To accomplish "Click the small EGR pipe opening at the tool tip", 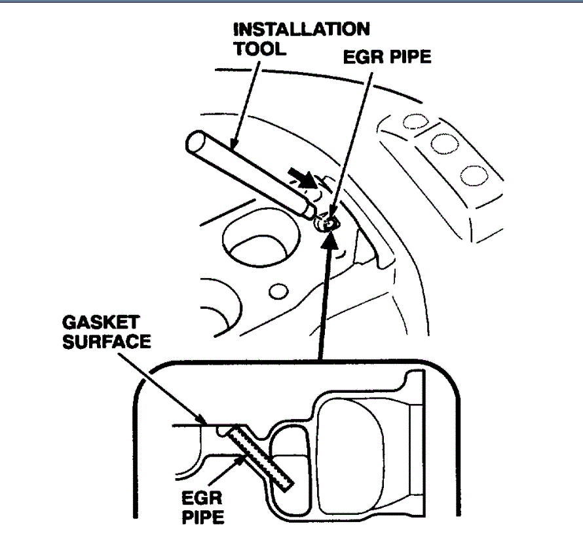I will (x=328, y=224).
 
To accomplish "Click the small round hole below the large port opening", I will (x=279, y=290).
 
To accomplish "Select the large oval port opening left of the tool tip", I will (x=252, y=243).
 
